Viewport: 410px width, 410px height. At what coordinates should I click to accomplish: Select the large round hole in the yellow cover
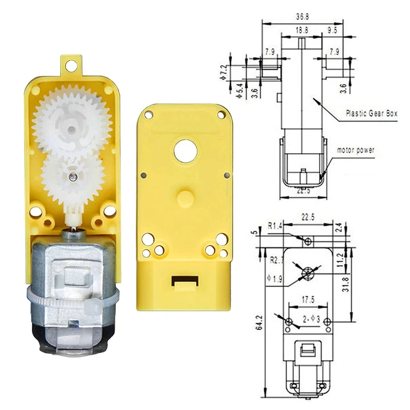click(x=184, y=150)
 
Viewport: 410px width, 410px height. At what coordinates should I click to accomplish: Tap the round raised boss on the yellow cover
click(x=184, y=195)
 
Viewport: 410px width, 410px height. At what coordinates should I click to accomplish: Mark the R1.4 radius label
click(x=275, y=225)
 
